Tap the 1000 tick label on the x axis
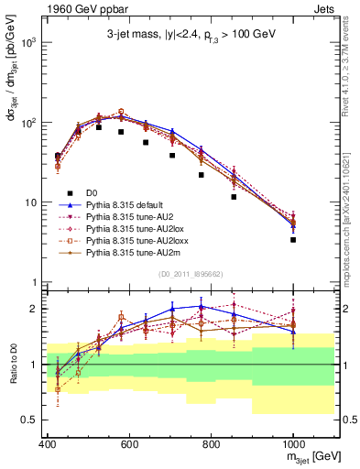tap(292, 445)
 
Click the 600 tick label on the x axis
tap(129, 445)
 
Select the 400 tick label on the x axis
tap(48, 445)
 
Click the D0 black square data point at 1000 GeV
tap(293, 240)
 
